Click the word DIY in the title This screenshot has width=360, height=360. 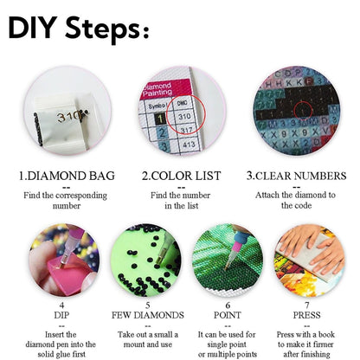point(33,28)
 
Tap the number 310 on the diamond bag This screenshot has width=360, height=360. point(68,117)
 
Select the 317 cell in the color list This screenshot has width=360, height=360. point(186,131)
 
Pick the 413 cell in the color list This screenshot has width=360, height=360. point(189,144)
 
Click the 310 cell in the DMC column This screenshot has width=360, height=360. point(184,117)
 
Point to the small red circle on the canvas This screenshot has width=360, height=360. point(304,110)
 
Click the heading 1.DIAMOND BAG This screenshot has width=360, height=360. point(67,176)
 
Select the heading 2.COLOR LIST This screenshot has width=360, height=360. point(181,176)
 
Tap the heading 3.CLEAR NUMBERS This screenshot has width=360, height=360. point(296,176)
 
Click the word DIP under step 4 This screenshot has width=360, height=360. point(61,315)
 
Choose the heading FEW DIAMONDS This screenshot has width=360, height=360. point(148,315)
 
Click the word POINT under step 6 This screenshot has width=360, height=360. point(227,315)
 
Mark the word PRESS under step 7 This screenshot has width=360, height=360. point(306,315)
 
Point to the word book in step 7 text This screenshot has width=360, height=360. point(326,335)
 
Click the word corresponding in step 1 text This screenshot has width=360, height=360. point(81,196)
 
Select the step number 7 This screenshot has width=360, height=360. point(307,305)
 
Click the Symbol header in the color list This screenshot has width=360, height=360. point(157,106)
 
